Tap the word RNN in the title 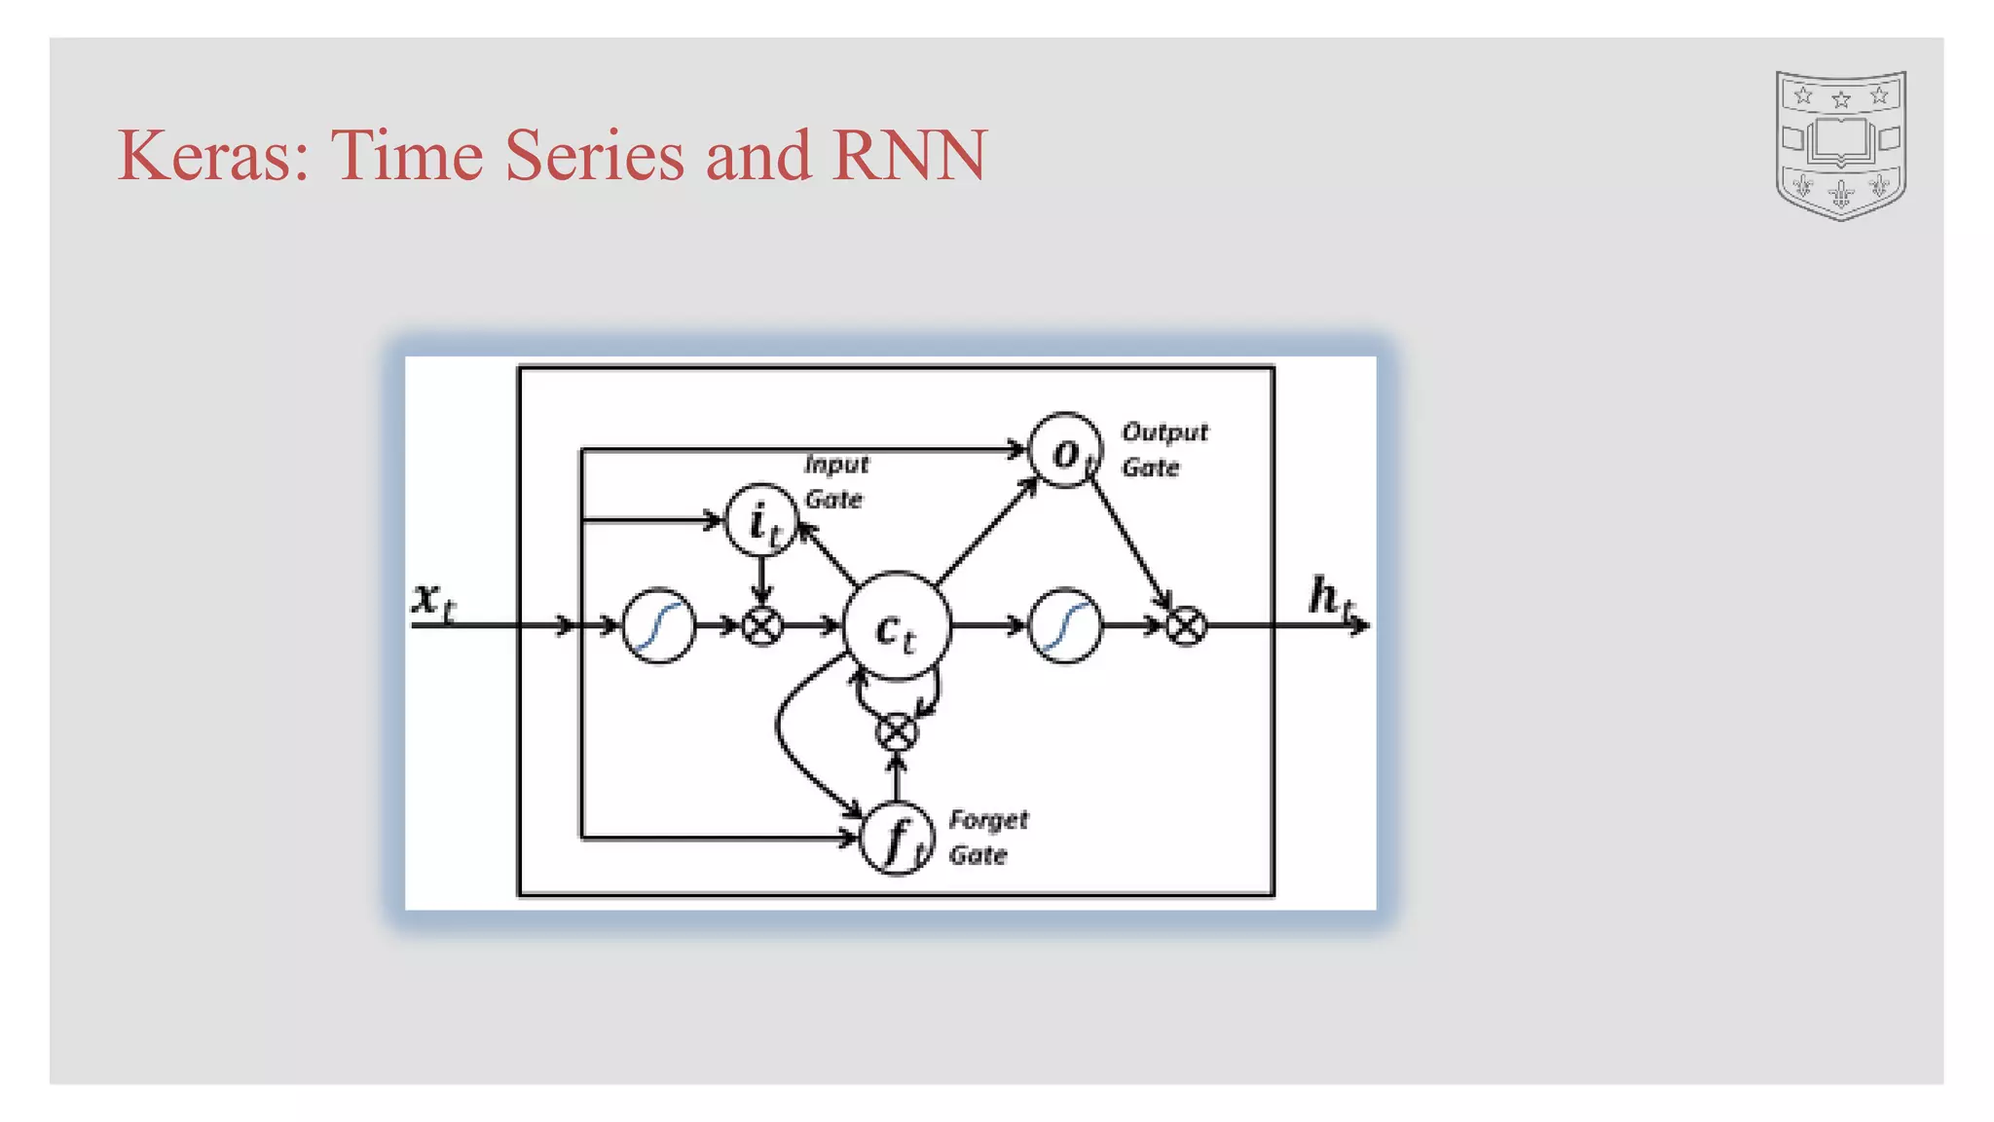[x=909, y=156]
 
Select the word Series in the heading [x=594, y=156]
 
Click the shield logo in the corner [x=1840, y=144]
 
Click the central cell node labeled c [x=896, y=626]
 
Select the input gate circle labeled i [x=761, y=520]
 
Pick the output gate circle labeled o [x=1065, y=451]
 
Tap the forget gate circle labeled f [x=897, y=838]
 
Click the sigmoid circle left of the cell [x=659, y=625]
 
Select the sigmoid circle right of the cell [x=1065, y=625]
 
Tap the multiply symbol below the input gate [x=761, y=625]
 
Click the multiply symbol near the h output [x=1186, y=625]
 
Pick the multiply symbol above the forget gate [x=897, y=732]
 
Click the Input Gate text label [x=835, y=481]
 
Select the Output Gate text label [x=1163, y=449]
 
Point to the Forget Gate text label [x=986, y=837]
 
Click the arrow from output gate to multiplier [x=1129, y=542]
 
